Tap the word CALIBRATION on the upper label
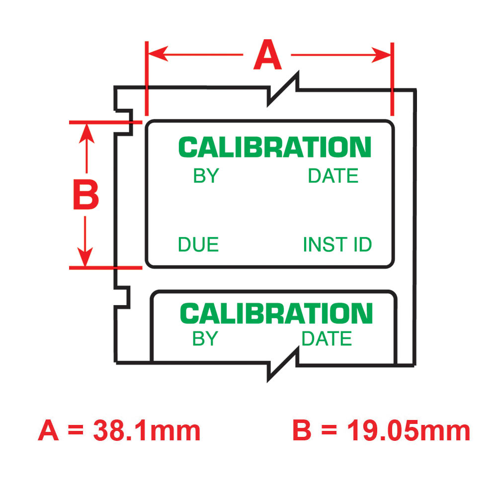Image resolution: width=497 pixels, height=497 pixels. [x=275, y=148]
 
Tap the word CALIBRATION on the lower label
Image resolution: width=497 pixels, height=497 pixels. [x=276, y=314]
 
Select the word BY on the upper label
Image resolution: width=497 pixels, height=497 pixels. [x=206, y=176]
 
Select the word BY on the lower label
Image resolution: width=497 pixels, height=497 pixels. [x=205, y=339]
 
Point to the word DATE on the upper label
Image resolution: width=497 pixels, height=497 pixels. [x=333, y=176]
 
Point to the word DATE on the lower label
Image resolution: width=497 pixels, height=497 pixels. [x=327, y=339]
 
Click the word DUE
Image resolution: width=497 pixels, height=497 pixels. [x=198, y=245]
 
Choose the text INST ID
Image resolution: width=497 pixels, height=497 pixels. [x=337, y=245]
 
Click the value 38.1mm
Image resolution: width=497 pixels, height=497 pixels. [x=147, y=431]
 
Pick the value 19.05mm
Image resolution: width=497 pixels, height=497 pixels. [x=408, y=431]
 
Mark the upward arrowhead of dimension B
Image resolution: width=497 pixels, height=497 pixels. [x=86, y=131]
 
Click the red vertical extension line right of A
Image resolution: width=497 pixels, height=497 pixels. [x=392, y=80]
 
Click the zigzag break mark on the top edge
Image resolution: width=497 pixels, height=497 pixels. [x=283, y=89]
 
